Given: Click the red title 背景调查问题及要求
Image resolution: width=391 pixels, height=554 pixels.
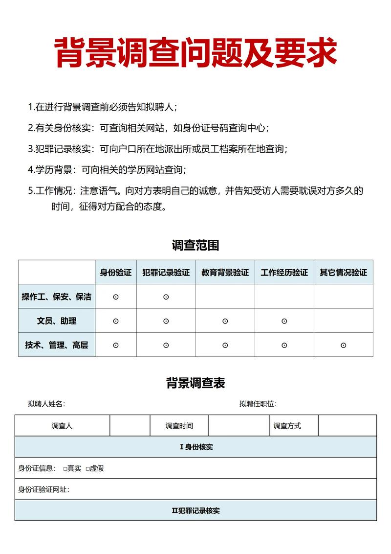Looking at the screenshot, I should tap(195, 53).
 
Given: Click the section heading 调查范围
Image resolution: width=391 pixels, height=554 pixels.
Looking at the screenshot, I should tap(195, 245).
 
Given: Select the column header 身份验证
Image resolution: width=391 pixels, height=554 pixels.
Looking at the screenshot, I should tap(116, 273).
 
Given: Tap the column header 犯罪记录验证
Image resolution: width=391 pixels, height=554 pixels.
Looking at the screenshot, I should tap(166, 273).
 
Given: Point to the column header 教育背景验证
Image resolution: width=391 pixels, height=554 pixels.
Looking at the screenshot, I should tap(225, 273).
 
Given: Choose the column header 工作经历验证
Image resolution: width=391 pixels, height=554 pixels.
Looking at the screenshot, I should tap(284, 273).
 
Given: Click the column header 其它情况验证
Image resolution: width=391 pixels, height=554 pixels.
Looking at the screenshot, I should tap(343, 273).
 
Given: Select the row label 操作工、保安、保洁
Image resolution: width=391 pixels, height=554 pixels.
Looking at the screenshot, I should tap(57, 297).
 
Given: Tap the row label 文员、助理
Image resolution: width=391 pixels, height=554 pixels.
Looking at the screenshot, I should tap(57, 321).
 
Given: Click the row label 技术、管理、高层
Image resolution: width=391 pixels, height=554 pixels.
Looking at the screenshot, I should tap(57, 345).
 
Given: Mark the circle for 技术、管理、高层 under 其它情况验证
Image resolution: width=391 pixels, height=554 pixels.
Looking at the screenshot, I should tap(343, 345).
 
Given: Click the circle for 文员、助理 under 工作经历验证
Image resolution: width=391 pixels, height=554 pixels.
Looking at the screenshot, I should tap(284, 321).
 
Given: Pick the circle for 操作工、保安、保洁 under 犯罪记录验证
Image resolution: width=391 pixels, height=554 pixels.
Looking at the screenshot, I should tap(166, 297).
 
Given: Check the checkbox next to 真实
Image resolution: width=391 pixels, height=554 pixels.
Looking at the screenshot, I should tap(65, 469).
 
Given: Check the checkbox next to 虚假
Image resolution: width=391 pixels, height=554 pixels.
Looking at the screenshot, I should tap(87, 469).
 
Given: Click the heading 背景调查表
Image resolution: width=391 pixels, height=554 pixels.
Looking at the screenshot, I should tap(195, 383).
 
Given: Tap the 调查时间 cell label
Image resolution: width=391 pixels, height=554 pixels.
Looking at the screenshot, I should tap(179, 426).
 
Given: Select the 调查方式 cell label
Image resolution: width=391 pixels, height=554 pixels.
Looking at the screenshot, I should tap(287, 426).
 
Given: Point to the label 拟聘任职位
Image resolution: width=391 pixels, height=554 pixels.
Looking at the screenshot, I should tap(258, 404).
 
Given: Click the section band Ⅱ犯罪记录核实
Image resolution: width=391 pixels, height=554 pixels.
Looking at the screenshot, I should tap(195, 510).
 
